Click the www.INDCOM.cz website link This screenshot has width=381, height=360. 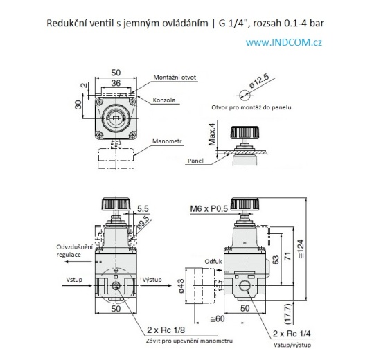(284, 42)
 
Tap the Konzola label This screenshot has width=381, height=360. (165, 100)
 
